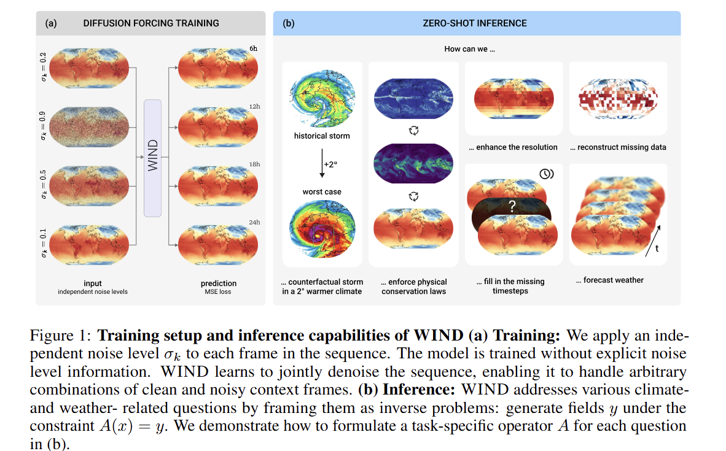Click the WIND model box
coord(152,158)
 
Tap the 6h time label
coord(253,48)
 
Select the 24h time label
coord(254,223)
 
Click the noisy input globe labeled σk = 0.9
coord(89,127)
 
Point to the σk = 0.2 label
coord(43,67)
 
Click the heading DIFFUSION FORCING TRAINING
coord(151,23)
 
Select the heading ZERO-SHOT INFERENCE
coord(475,23)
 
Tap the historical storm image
coord(322,99)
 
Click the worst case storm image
coord(322,228)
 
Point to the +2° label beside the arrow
coord(330,164)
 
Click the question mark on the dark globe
coord(512,206)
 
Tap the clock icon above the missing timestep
coord(547,174)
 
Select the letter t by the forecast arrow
coord(657,249)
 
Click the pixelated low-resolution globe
coord(514,99)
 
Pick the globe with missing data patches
coord(618,99)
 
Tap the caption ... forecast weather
coord(610,280)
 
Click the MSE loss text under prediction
coord(218,292)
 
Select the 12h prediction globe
coord(218,127)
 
